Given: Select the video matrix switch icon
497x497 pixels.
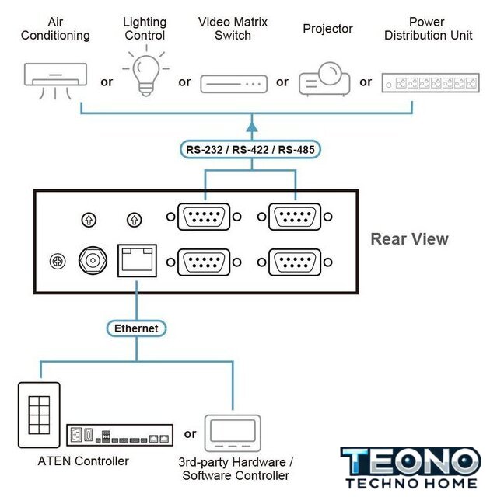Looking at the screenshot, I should (x=233, y=83).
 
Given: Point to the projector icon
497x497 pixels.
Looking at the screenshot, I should (x=327, y=78).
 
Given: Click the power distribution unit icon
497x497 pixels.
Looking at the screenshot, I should (x=429, y=82).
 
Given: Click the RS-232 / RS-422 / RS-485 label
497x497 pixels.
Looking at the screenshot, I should (x=251, y=149).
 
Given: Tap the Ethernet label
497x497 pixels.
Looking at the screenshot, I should (x=136, y=328).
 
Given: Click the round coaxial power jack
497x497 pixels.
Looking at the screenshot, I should (x=93, y=260).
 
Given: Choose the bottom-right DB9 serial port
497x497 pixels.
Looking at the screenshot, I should (x=295, y=262).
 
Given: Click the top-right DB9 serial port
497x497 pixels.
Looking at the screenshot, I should (x=295, y=217).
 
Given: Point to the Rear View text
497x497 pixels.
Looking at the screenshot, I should (x=409, y=238).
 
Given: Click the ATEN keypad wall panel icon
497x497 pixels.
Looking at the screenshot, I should (x=38, y=415).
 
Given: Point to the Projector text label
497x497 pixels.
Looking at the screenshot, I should (x=327, y=29).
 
